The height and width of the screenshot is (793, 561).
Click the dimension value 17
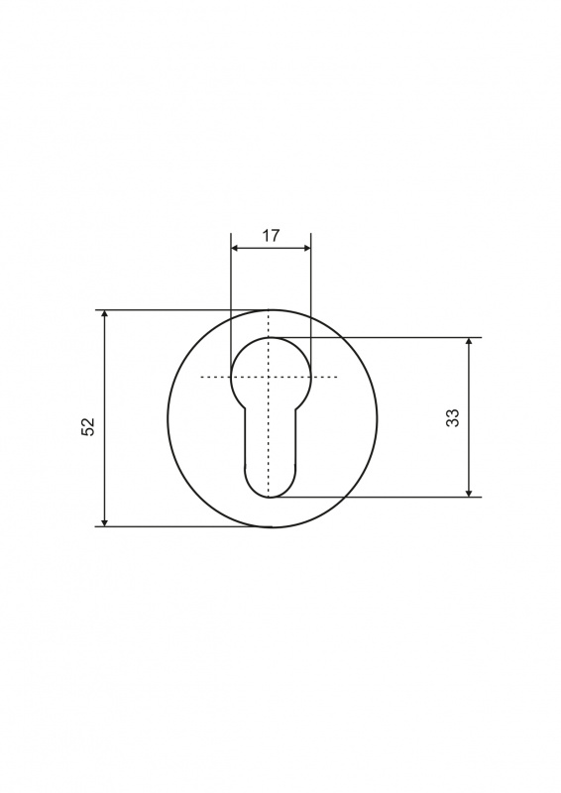click(271, 236)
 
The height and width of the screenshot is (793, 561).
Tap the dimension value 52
click(88, 427)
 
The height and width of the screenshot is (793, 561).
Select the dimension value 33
click(453, 417)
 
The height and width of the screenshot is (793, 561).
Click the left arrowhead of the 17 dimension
click(235, 248)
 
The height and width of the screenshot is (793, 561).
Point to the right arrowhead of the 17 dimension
click(306, 248)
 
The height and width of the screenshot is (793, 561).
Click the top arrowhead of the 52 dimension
click(105, 313)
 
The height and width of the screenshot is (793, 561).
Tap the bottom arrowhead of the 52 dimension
click(105, 523)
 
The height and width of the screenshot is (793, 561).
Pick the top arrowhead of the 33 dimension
click(470, 341)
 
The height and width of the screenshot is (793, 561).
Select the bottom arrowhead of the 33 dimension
click(470, 493)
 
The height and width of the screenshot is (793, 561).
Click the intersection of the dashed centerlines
click(270, 377)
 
